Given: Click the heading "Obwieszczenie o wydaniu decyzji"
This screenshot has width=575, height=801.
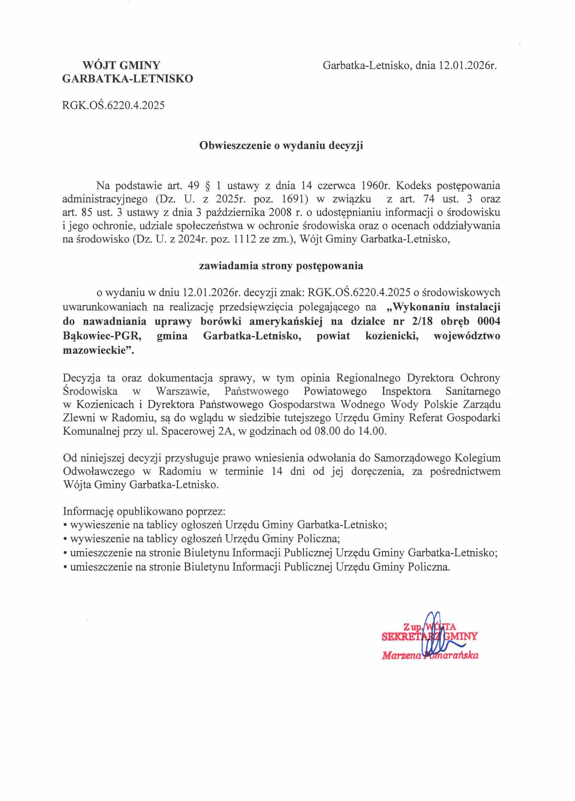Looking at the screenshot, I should click(281, 146).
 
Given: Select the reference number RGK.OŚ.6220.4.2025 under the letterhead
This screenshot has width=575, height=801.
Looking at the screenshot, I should click(113, 105).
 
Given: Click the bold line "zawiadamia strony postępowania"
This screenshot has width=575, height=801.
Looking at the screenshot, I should click(281, 266).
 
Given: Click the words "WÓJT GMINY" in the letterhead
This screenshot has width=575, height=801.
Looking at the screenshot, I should click(121, 65).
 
